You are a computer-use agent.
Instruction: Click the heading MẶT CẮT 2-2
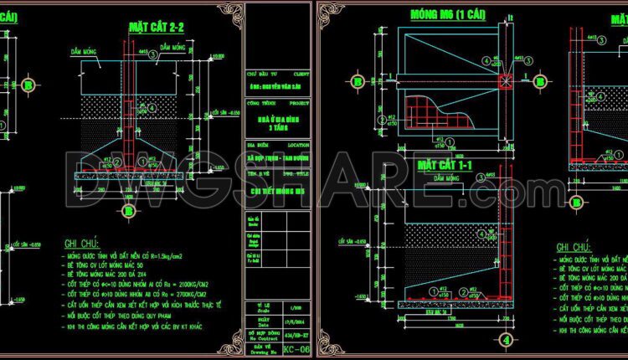[156, 27]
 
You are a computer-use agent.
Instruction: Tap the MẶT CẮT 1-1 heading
[445, 166]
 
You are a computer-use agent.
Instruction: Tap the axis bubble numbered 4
[506, 340]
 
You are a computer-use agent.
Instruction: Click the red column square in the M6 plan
[505, 81]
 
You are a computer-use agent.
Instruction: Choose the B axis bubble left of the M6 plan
[358, 81]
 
